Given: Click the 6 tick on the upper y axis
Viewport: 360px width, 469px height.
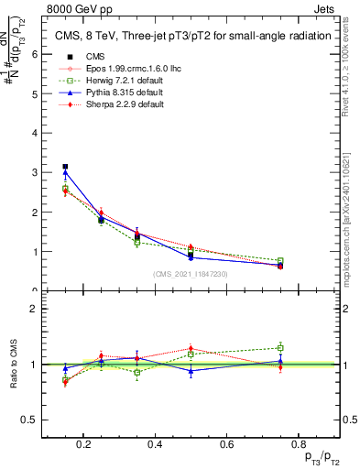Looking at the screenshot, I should pos(34,54).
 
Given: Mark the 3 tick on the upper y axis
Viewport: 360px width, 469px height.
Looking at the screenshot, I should pos(34,172).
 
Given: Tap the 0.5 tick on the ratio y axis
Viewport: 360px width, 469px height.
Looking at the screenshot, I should pos(30,420).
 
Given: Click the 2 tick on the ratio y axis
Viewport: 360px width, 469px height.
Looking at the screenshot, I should pos(34,309).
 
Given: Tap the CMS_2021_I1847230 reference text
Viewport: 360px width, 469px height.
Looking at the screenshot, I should pos(191,274).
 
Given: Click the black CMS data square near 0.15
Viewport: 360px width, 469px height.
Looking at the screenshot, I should pos(65,167).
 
